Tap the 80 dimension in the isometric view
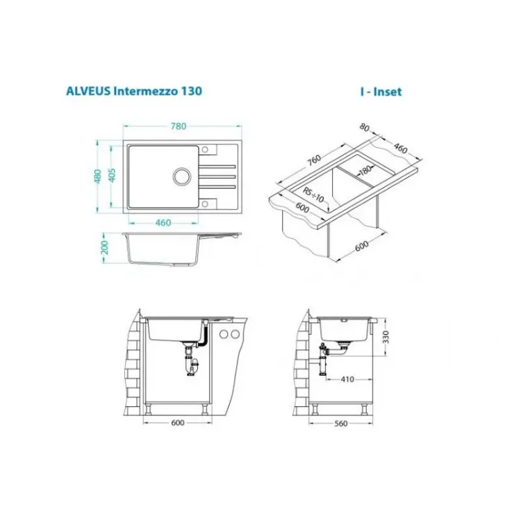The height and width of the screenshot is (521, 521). [365, 127]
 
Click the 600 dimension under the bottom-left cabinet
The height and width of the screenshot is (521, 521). [177, 421]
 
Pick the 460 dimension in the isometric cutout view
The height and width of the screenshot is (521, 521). [400, 148]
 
